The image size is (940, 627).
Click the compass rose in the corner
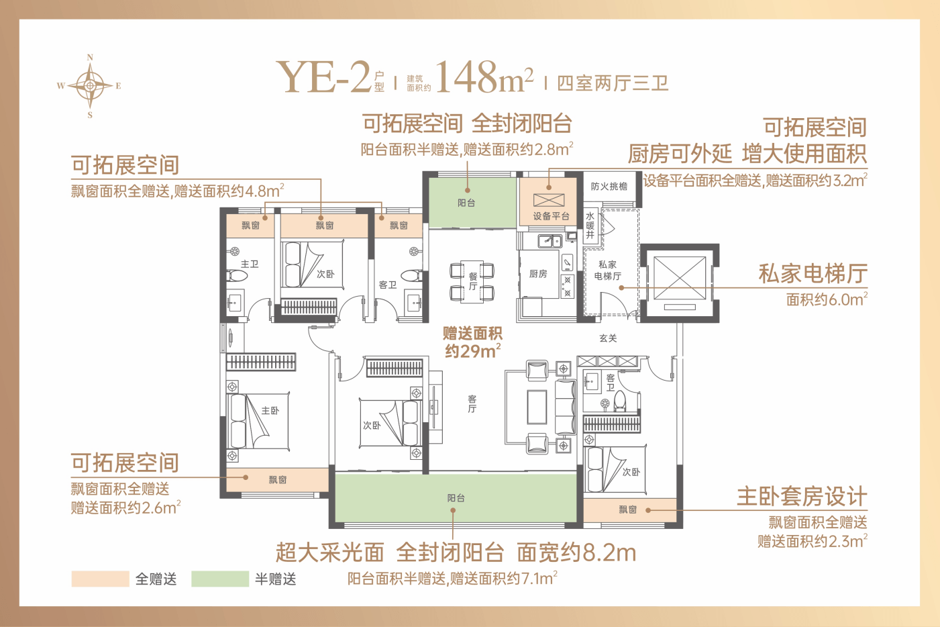pos(89,86)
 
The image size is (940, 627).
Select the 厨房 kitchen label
pos(538,274)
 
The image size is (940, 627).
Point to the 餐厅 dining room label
pos(473,281)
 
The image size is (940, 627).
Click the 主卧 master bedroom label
pos(270,410)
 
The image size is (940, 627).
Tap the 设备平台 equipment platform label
pos(551,216)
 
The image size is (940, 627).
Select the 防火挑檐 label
pos(609,186)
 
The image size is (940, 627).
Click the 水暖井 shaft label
pos(590,226)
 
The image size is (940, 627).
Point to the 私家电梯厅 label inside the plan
pos(608,270)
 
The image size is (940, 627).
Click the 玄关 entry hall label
pos(608,338)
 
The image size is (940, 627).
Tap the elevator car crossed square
pos(680,278)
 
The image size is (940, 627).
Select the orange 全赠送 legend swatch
pos(100,579)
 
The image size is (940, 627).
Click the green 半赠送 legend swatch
pos(220,579)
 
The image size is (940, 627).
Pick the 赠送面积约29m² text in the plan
pos(472,342)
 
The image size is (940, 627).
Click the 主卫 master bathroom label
pos(250,264)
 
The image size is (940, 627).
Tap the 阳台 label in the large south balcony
pos(456,498)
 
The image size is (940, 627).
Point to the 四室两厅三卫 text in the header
pos(613,83)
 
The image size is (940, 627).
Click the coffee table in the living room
pos(537,407)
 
